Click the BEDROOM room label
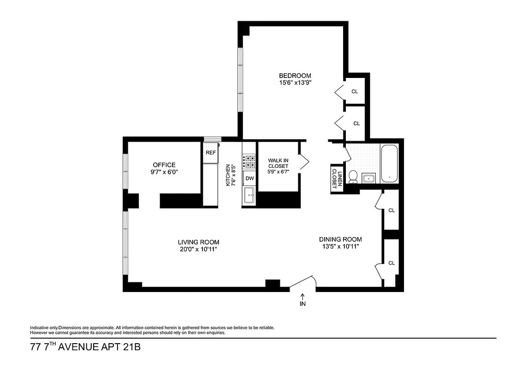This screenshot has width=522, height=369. click(295, 76)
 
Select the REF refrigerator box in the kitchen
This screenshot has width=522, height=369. click(211, 153)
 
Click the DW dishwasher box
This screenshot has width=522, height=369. click(249, 178)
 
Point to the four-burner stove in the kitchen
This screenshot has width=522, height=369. click(249, 161)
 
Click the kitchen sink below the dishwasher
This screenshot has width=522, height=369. click(249, 196)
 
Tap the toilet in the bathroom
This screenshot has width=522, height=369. click(353, 176)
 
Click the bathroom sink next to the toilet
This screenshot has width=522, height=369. click(369, 178)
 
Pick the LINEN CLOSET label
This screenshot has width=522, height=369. click(337, 179)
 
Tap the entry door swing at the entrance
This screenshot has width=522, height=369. click(304, 282)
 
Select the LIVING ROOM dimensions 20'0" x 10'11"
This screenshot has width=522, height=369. click(198, 249)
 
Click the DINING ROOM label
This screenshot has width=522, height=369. click(340, 239)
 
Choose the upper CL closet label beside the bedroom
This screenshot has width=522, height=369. click(355, 91)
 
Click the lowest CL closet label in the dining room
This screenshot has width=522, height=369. click(391, 263)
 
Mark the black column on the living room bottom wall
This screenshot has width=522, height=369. click(273, 284)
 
